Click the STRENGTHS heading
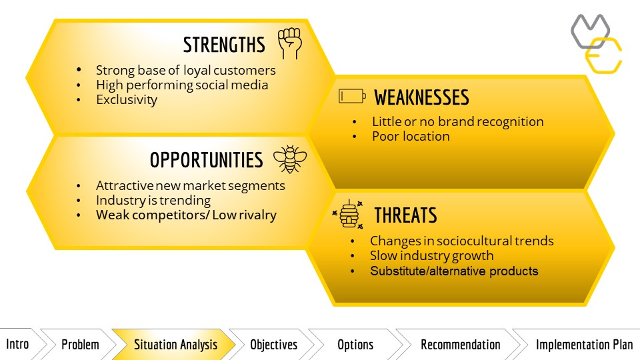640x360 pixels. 224,45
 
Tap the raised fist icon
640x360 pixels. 290,43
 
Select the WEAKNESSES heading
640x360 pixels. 421,97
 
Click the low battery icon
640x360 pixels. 352,96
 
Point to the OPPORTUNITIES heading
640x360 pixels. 206,160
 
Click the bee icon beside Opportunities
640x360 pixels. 290,159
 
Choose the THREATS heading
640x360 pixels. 406,215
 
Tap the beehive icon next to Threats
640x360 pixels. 348,214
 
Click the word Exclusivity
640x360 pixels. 127,99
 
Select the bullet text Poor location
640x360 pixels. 411,136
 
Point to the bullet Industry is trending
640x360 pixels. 153,201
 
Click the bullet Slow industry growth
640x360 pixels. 432,256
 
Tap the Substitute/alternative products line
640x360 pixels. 454,271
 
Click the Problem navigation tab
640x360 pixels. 80,345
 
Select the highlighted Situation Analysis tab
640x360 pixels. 175,345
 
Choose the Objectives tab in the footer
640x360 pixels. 273,345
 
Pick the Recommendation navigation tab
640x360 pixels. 461,345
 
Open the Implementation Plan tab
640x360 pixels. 584,345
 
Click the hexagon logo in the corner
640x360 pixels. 596,44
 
